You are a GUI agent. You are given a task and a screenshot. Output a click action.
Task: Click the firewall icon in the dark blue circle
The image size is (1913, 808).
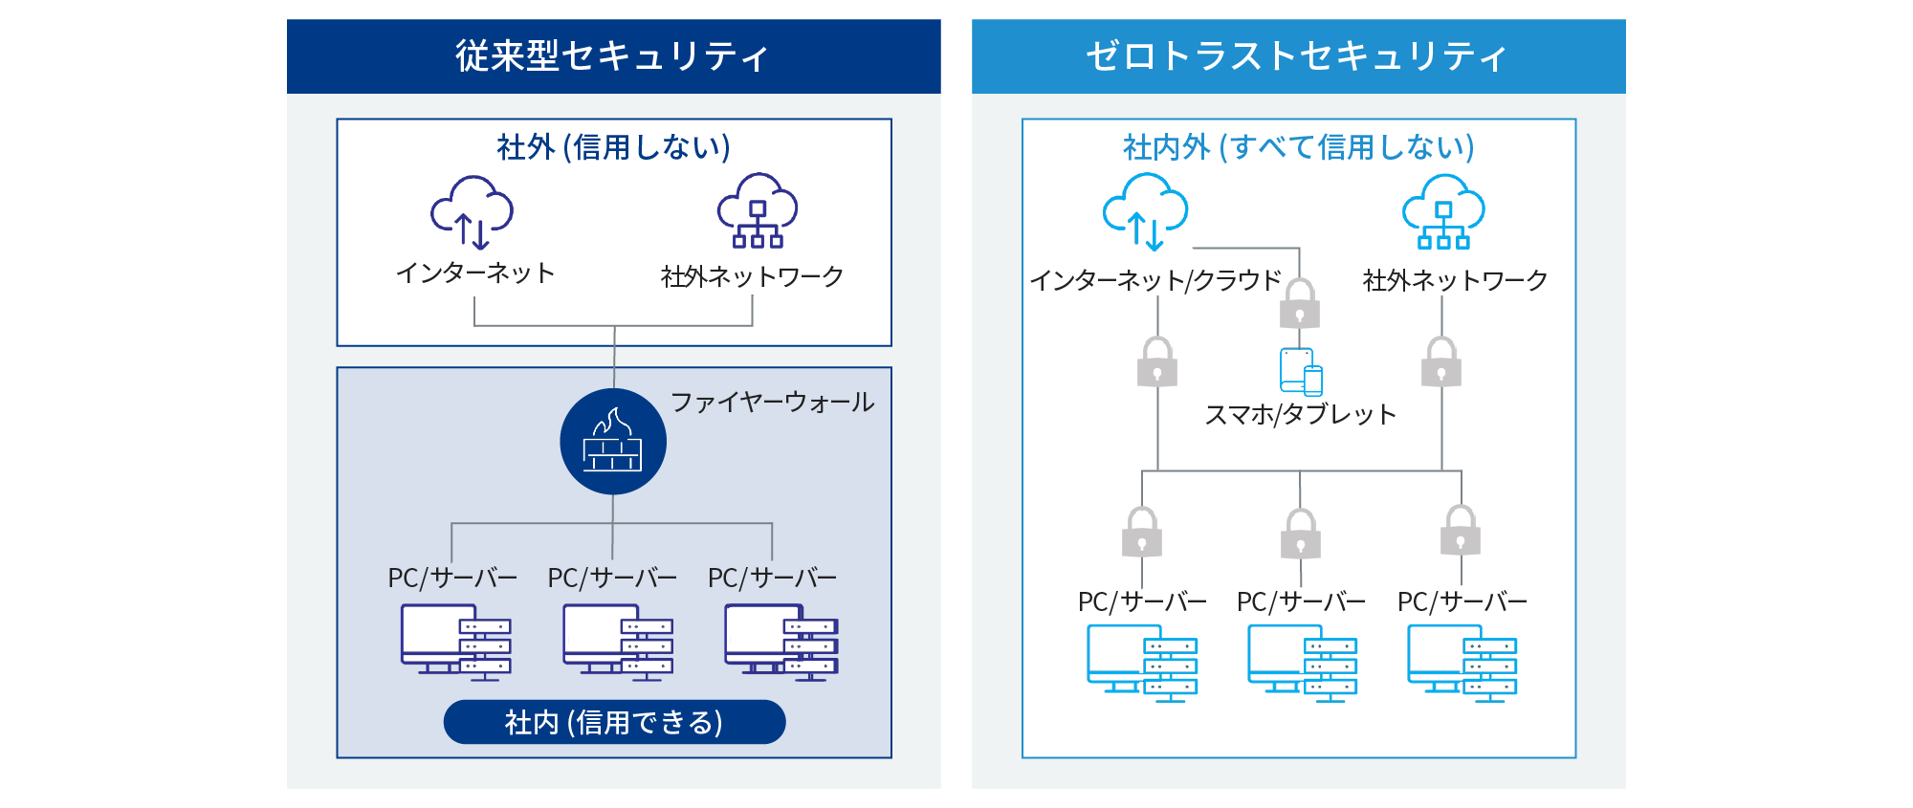[613, 442]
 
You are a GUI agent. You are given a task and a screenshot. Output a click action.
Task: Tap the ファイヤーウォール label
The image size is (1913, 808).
[772, 402]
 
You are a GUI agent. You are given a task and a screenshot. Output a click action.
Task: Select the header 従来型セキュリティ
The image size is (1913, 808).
[613, 56]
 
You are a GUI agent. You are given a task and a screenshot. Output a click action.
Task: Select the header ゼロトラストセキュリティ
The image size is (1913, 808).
[1298, 56]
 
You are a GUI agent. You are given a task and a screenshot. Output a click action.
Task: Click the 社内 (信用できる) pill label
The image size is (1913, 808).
[614, 722]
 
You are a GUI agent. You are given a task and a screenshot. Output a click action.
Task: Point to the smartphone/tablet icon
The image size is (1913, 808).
[1301, 372]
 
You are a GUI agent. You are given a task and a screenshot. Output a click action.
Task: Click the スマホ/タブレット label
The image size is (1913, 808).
[1300, 414]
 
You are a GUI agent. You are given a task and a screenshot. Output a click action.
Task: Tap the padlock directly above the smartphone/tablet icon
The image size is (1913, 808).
[1299, 304]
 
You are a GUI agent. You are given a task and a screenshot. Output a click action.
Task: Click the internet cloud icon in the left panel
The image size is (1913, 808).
[473, 212]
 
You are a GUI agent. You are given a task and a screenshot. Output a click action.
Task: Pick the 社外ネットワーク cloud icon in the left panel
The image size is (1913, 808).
[758, 211]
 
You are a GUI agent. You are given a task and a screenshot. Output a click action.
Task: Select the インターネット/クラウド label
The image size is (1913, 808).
[1155, 280]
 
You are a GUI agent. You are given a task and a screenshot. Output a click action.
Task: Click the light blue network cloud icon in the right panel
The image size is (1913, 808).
[1443, 212]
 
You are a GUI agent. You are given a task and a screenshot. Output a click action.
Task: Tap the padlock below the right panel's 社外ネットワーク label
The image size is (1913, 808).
[1441, 362]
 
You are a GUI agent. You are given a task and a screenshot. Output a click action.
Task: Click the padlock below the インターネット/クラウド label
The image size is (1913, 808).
[1157, 362]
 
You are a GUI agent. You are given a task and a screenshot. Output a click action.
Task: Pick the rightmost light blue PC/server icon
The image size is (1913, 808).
[1462, 664]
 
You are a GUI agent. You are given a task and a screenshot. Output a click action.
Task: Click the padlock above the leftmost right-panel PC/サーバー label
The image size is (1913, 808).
[1142, 533]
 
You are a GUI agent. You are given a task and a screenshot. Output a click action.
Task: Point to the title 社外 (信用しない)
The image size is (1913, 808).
[613, 147]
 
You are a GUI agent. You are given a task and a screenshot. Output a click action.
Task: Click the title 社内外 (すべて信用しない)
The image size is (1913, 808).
[1298, 147]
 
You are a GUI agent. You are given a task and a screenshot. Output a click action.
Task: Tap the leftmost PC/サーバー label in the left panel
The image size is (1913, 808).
[452, 578]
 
